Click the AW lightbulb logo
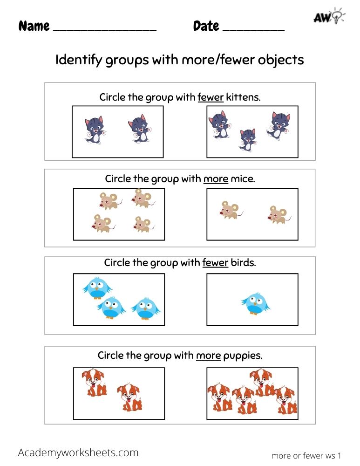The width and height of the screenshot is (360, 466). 328,17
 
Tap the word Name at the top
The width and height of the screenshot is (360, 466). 34,26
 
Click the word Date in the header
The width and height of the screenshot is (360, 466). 206,26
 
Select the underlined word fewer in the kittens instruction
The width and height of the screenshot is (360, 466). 211,97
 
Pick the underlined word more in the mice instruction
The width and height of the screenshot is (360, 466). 216,179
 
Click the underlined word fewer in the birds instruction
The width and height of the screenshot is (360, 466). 215,263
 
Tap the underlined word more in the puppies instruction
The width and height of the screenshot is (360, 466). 208,356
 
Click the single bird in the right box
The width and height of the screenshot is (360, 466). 255,303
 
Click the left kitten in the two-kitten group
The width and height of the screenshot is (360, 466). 95,130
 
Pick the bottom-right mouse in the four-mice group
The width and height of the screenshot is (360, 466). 142,225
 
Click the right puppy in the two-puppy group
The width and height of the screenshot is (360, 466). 129,397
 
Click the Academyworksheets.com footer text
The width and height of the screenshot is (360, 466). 78,452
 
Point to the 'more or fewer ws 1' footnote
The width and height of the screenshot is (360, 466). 306,455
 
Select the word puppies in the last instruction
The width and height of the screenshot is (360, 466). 243,356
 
